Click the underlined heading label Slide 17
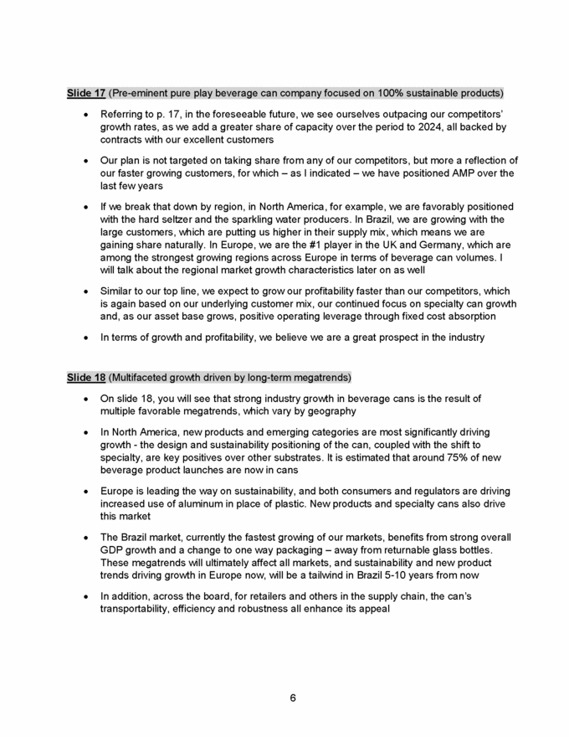click(86, 92)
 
